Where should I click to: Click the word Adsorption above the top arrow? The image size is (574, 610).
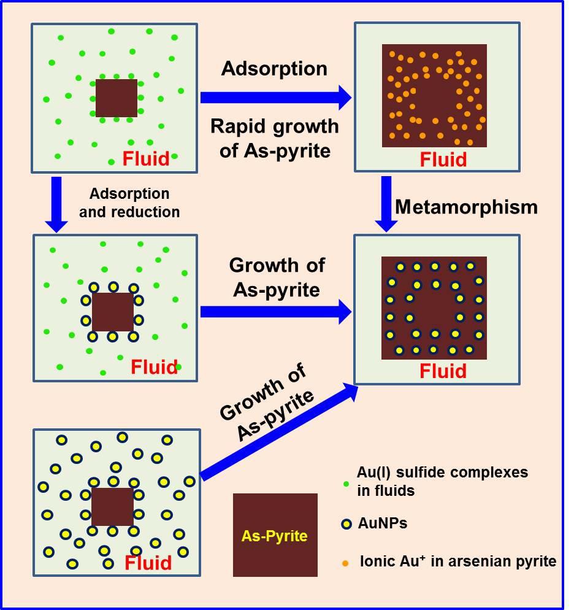click(x=274, y=69)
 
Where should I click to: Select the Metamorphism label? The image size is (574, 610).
click(x=466, y=207)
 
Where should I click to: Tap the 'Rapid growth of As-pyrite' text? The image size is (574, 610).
click(x=274, y=138)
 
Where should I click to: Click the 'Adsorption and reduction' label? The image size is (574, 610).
click(x=129, y=203)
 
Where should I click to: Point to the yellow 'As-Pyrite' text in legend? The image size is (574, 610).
click(x=274, y=536)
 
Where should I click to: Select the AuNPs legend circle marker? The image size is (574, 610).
click(x=346, y=524)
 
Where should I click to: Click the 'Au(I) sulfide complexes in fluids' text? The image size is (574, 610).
click(x=442, y=482)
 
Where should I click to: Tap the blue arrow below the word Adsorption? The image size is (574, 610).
click(x=275, y=97)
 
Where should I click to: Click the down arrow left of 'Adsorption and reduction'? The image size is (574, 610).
click(x=56, y=204)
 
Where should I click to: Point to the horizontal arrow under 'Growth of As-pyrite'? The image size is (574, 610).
click(x=275, y=312)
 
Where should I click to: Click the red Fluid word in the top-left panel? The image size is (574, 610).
click(x=145, y=159)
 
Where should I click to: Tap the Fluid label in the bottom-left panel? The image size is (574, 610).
click(x=148, y=563)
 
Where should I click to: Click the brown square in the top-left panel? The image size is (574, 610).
click(x=117, y=98)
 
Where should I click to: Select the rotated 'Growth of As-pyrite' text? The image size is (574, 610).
click(x=266, y=402)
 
